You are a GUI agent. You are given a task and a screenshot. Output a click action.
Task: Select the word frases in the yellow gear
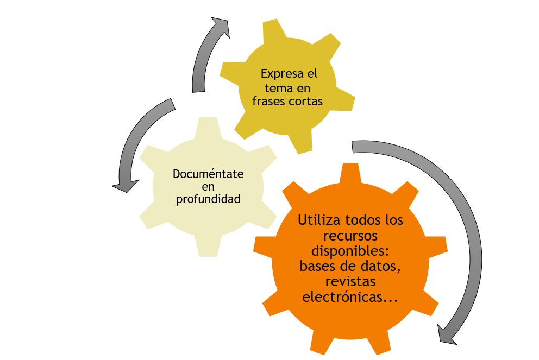(269, 102)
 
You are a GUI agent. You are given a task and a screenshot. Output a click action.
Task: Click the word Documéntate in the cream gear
(208, 174)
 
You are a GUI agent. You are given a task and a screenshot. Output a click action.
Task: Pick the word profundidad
(208, 200)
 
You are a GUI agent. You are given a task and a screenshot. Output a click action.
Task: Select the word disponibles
(350, 251)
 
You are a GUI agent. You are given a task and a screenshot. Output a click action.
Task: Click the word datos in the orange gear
(384, 267)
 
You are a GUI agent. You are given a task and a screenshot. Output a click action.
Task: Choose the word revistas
(350, 282)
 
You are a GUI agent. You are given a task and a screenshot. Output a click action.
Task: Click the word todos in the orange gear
(362, 221)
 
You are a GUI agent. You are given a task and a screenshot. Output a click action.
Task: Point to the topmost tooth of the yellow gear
(271, 30)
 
